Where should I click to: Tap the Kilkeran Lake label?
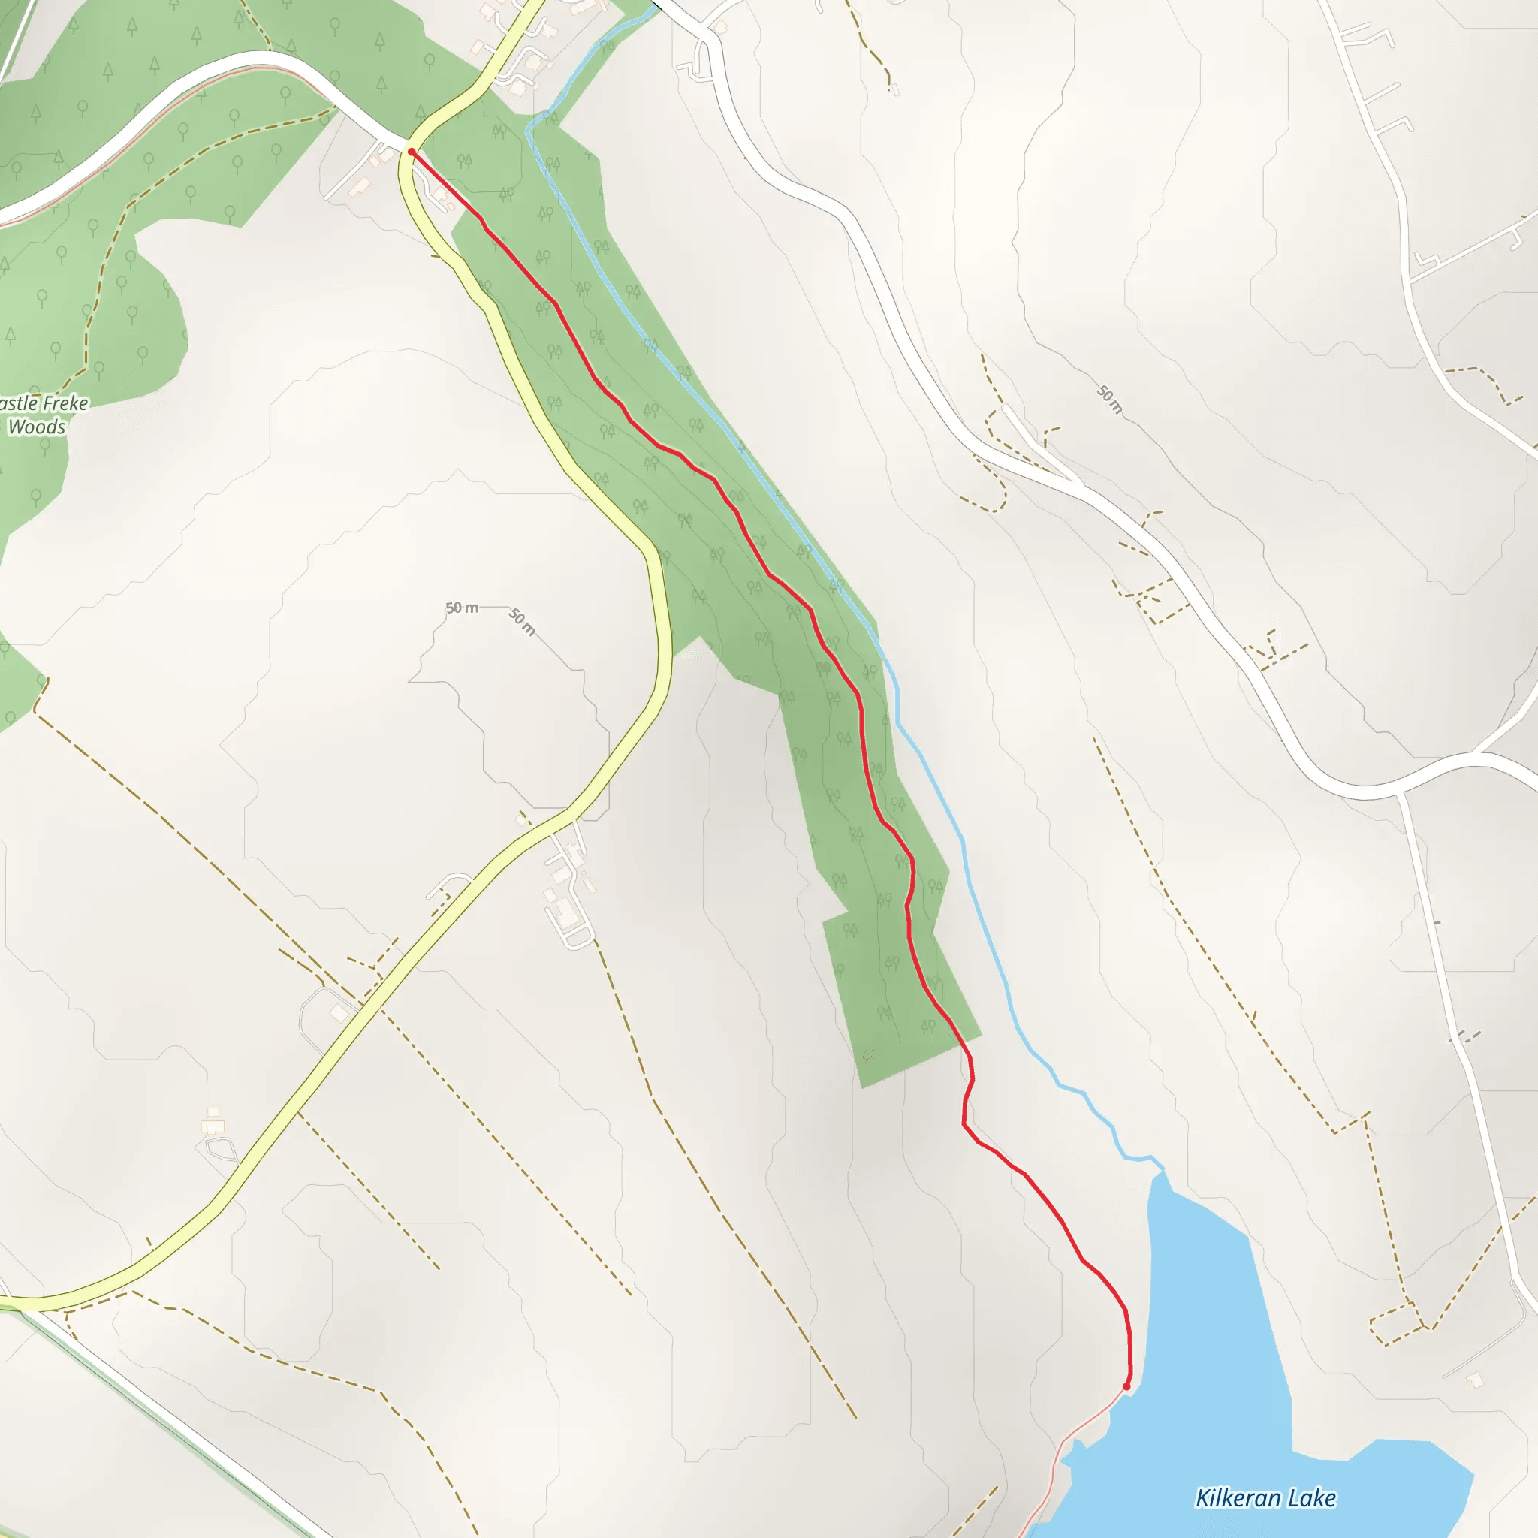[1265, 1498]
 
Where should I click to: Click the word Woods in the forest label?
[37, 427]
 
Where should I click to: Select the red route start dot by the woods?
[412, 151]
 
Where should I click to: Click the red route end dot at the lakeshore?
[1126, 1387]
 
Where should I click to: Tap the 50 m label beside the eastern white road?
[1110, 400]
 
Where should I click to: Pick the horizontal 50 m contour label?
[462, 608]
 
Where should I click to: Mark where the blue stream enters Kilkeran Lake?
[1161, 1169]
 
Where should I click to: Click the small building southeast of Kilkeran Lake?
[1475, 1380]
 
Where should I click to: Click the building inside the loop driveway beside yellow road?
[339, 1012]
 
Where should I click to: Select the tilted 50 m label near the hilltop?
[522, 622]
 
